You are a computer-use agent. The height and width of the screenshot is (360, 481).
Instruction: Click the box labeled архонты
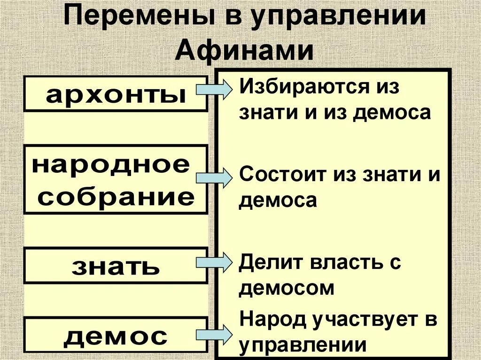(x=116, y=94)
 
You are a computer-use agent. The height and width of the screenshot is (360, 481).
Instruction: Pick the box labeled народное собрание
(x=116, y=179)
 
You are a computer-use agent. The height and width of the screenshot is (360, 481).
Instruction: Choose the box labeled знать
(x=116, y=266)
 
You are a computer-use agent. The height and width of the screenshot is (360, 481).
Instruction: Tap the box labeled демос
(x=116, y=335)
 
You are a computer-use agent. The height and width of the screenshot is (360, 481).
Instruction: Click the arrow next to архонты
(x=214, y=89)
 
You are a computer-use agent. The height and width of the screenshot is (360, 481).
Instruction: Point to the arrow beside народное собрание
(x=214, y=177)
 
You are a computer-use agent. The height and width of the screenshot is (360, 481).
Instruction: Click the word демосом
(x=286, y=287)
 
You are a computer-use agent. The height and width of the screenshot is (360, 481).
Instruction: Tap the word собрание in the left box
(x=116, y=197)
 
